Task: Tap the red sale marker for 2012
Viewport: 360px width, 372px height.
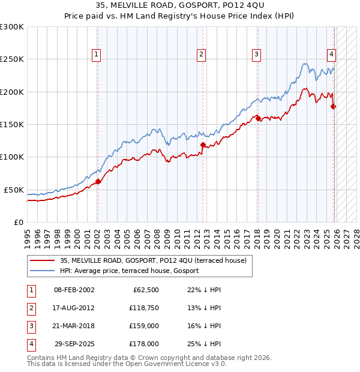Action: click(x=203, y=145)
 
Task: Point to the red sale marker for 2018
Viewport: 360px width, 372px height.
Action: click(x=258, y=118)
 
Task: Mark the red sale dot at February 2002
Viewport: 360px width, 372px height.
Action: click(x=98, y=181)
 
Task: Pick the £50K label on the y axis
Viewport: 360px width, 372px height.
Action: click(x=13, y=190)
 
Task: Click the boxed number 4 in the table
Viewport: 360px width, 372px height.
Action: click(x=30, y=344)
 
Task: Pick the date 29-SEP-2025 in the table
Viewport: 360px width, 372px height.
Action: click(x=74, y=344)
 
